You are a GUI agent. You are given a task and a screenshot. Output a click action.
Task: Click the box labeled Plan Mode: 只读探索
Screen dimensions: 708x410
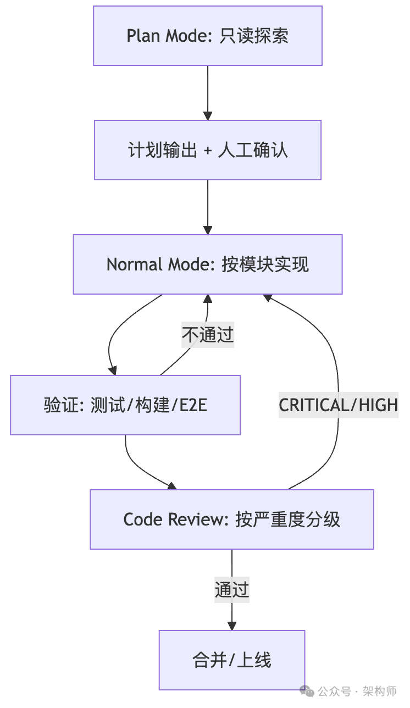(208, 36)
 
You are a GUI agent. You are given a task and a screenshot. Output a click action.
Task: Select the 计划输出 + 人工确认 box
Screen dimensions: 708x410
(208, 150)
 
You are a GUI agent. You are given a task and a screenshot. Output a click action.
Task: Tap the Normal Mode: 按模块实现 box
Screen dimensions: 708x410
(208, 264)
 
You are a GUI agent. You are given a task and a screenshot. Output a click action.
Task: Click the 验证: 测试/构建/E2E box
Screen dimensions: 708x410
(125, 405)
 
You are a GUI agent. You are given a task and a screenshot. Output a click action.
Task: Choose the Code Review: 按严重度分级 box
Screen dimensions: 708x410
(232, 519)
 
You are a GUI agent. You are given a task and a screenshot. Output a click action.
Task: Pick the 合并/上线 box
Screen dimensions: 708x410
(232, 660)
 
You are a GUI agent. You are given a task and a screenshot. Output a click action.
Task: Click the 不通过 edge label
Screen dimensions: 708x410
(208, 335)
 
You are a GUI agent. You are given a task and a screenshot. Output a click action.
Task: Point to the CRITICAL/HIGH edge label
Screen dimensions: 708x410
(338, 405)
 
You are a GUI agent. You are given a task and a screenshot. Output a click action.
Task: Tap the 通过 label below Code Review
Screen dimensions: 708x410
(232, 590)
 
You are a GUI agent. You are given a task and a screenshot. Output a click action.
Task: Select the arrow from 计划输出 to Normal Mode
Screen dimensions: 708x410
(208, 207)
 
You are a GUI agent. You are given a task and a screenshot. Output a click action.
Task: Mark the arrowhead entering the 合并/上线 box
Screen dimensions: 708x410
(232, 626)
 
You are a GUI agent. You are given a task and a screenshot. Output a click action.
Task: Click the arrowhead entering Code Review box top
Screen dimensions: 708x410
(172, 485)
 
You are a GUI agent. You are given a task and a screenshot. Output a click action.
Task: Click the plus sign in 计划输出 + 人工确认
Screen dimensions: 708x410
(208, 151)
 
